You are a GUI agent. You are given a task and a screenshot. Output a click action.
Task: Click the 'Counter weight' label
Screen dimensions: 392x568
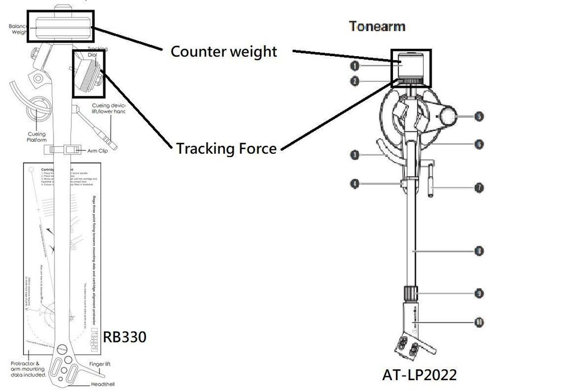224,52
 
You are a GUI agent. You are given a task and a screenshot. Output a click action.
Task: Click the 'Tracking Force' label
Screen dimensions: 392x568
226,149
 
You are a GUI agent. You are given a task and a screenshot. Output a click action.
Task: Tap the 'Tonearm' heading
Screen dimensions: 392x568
377,26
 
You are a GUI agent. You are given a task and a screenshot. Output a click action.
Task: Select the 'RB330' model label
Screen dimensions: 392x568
124,336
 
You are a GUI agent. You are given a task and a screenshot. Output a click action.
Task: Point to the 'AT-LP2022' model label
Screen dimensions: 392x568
420,375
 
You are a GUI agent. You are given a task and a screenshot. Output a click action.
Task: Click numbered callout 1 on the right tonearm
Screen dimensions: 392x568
355,66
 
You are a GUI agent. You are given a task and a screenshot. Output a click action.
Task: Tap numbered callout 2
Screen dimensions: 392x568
355,81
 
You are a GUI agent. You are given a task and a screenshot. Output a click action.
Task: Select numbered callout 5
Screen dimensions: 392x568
479,116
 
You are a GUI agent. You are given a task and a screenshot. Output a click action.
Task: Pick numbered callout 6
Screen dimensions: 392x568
479,145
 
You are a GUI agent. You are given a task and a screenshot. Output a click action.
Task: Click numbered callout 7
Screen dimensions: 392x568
479,187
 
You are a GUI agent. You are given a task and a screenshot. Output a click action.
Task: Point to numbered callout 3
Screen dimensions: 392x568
354,154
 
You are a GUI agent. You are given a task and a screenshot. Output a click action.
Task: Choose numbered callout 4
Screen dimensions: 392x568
354,184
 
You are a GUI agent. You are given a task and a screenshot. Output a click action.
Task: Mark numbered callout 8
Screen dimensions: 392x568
479,250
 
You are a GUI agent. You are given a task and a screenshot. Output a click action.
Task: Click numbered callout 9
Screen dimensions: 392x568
479,293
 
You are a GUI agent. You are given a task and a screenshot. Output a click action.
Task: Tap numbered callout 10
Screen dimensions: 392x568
479,322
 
